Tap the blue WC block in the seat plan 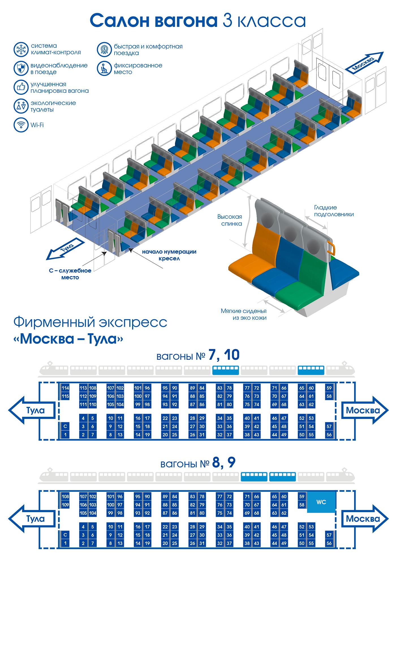[x=321, y=502]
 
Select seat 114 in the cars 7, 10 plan [x=65, y=388]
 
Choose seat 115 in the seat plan [x=65, y=396]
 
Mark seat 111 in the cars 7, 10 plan [x=83, y=405]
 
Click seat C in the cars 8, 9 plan [x=65, y=535]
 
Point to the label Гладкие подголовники [x=334, y=211]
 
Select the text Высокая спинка [x=230, y=220]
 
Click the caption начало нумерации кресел [x=169, y=255]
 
